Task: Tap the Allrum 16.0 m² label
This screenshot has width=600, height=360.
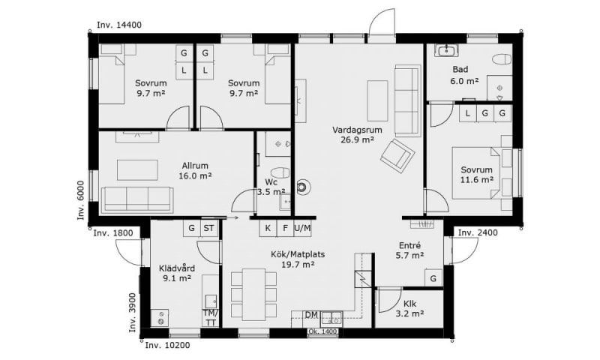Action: [195, 171]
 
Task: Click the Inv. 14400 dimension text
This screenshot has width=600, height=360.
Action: [119, 25]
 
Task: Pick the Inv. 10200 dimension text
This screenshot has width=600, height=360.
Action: [167, 346]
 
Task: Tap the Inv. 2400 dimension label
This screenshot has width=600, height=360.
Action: [478, 232]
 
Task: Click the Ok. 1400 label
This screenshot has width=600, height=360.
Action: [322, 331]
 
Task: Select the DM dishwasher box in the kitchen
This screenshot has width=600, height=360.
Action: [312, 315]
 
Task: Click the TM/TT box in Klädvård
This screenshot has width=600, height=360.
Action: [211, 318]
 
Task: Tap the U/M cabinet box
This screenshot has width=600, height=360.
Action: [302, 229]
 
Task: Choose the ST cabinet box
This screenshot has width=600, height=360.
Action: [209, 229]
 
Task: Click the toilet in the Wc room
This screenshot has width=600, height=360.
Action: [280, 172]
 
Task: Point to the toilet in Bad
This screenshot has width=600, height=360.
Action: [502, 59]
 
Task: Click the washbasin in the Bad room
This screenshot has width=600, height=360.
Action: [446, 50]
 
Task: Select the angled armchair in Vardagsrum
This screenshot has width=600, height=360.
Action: [398, 154]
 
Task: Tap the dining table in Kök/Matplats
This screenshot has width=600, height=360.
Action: [254, 294]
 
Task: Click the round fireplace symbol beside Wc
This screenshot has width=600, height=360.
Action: [302, 187]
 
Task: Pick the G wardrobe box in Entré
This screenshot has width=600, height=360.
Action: [433, 278]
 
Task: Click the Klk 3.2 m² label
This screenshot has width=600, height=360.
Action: [409, 309]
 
